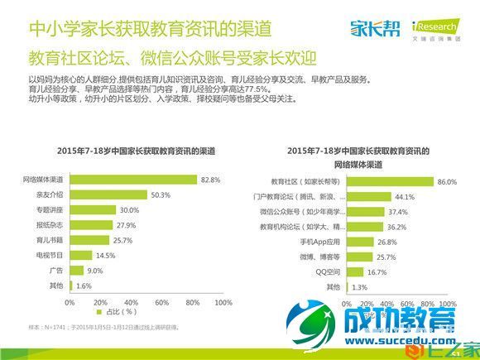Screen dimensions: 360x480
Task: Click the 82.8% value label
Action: (x=209, y=180)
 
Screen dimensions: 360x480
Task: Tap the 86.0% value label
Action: (x=446, y=181)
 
